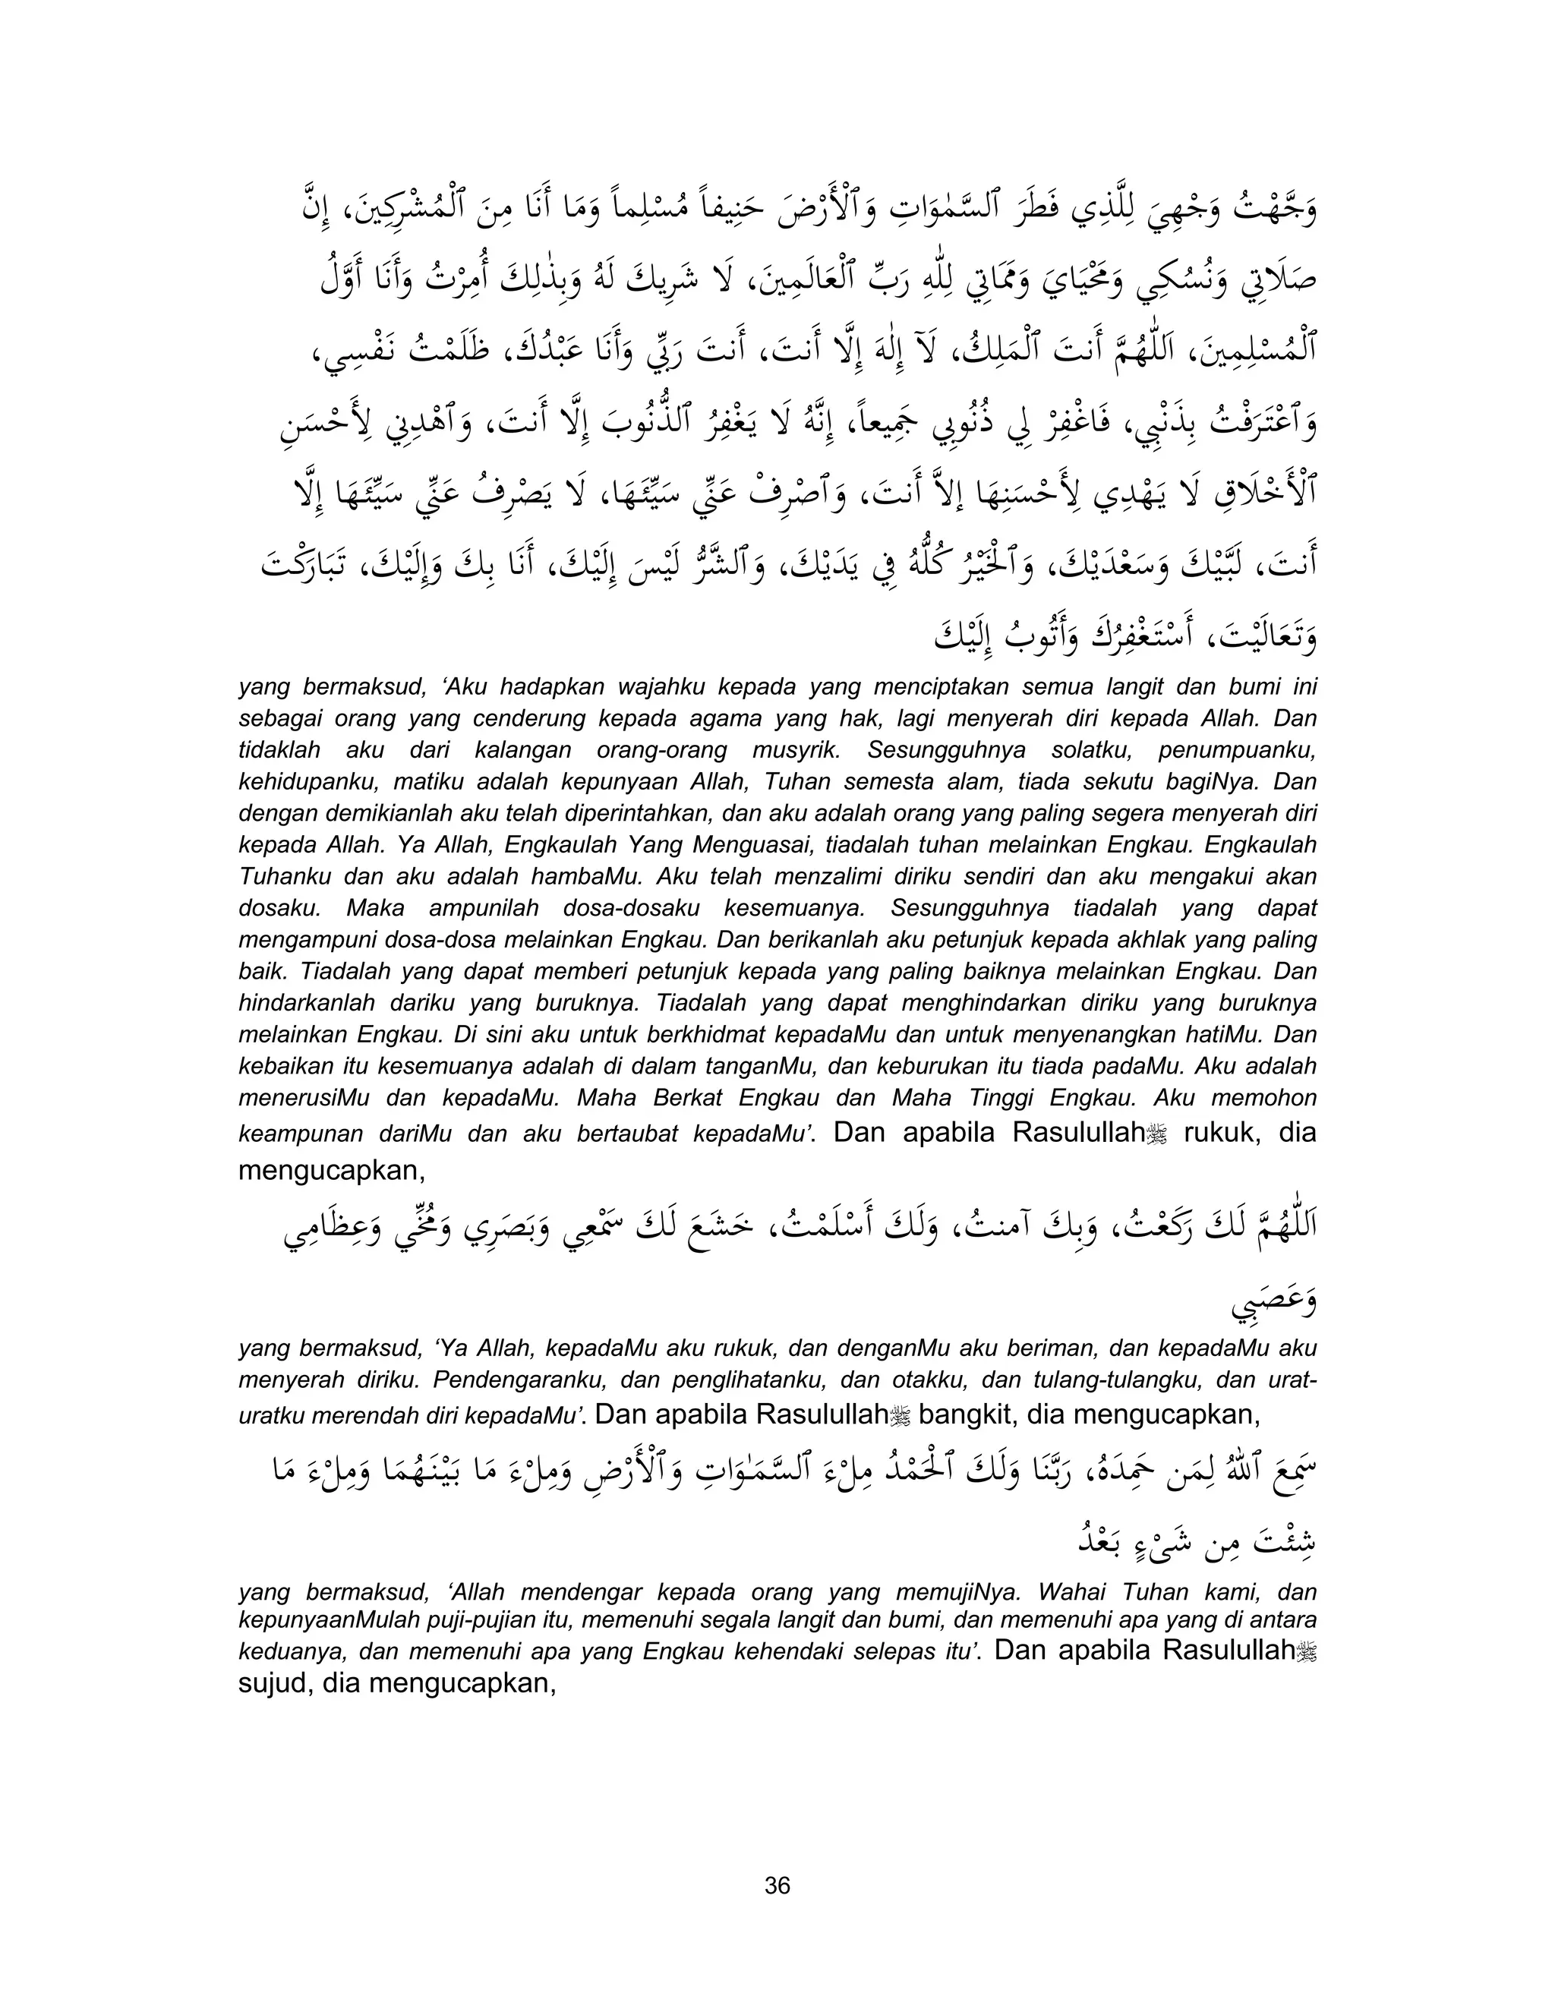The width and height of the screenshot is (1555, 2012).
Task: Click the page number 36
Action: point(777,1886)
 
